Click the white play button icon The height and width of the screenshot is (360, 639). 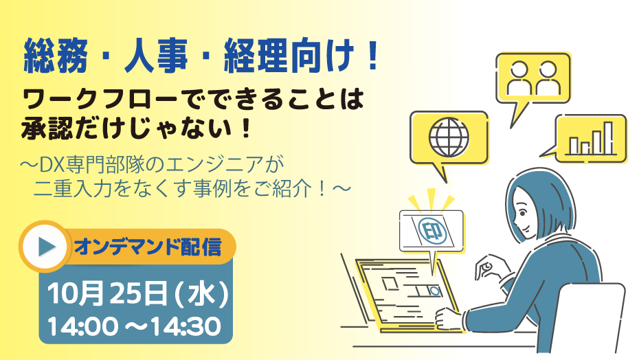[45, 246]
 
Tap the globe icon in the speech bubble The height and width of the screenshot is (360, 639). [449, 137]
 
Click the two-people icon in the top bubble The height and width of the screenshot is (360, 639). [533, 78]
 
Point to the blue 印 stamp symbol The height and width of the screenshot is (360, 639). [431, 231]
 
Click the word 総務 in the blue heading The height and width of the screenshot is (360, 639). [56, 56]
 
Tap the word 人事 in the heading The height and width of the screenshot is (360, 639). [156, 56]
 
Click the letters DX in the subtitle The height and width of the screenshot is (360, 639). [49, 165]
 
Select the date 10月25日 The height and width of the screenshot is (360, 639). [106, 293]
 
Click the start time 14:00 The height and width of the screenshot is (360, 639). [82, 326]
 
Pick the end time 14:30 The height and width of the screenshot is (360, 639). [186, 326]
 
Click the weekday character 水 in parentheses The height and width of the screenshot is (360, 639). [201, 293]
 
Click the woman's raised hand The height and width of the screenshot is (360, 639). [489, 268]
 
